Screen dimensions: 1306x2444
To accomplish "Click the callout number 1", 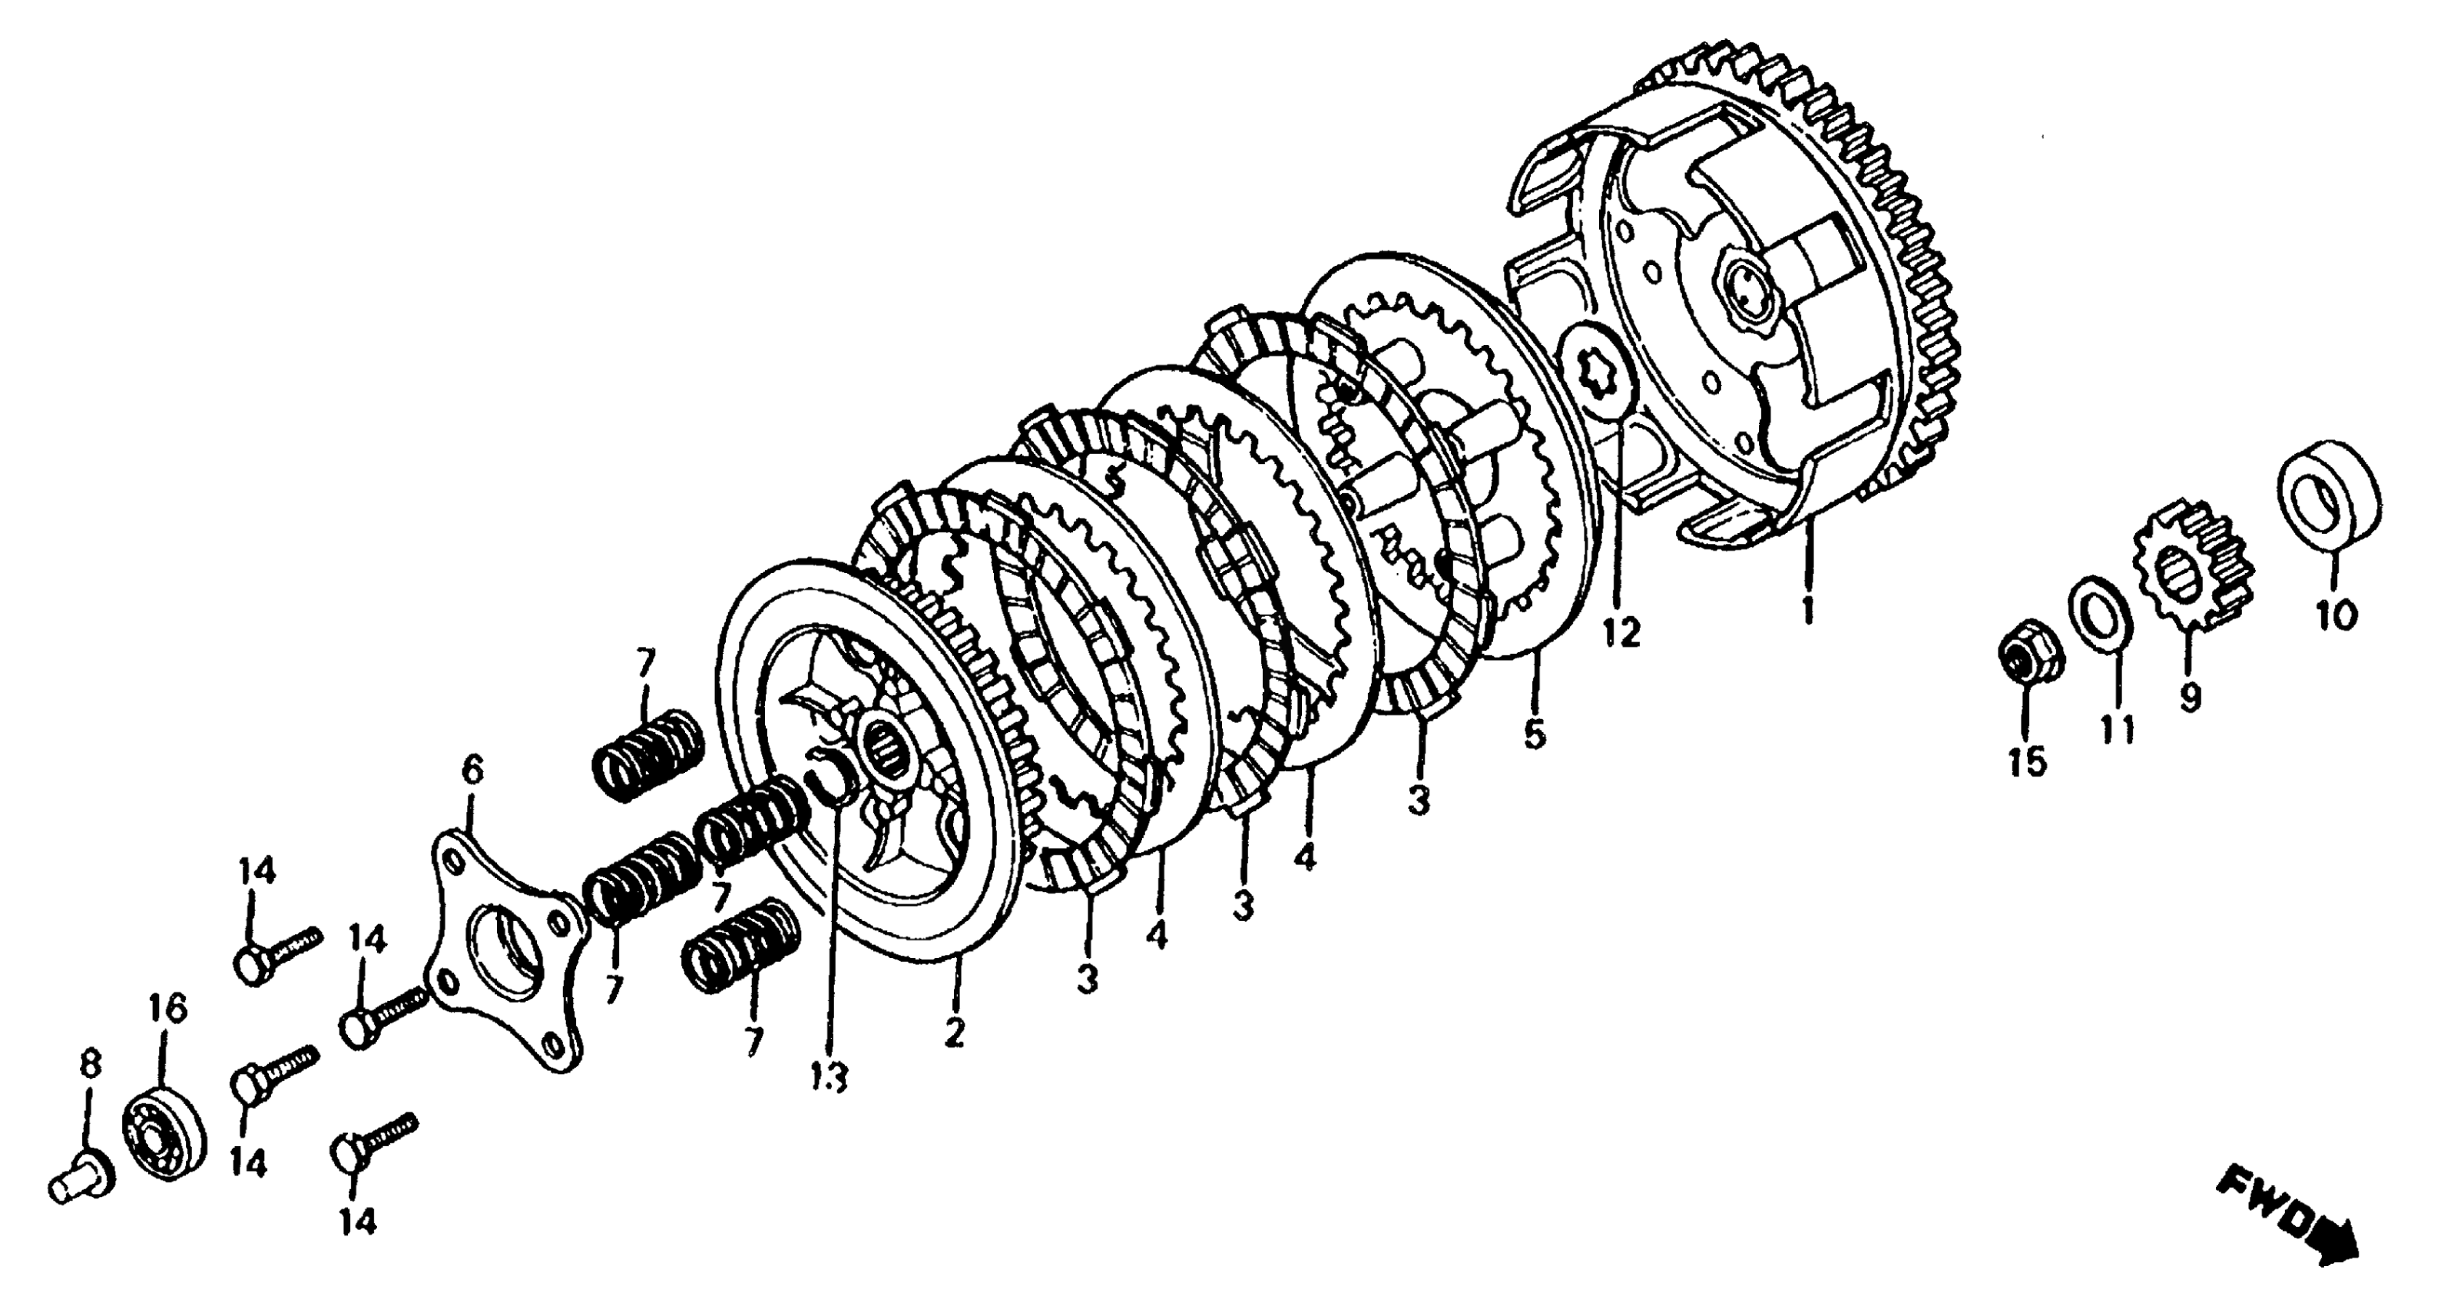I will (1807, 608).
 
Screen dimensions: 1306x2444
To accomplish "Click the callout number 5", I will (1534, 734).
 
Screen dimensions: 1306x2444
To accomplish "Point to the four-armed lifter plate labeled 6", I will (503, 949).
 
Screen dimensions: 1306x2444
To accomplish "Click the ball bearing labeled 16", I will (165, 1139).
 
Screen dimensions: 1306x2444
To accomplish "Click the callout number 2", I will (953, 1032).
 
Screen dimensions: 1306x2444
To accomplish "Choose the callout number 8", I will (89, 1065).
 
